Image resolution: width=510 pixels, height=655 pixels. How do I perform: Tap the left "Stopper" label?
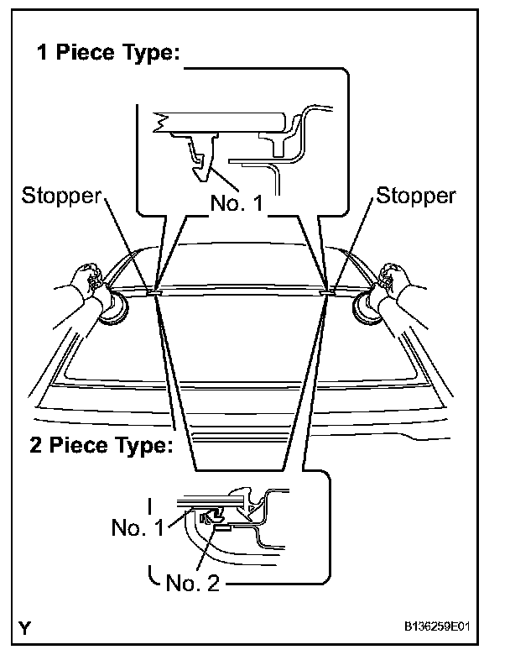61,196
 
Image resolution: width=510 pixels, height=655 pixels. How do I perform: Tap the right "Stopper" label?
416,196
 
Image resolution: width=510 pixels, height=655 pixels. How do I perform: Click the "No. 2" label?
192,582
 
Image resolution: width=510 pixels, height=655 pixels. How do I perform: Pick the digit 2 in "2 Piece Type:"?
29,445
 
